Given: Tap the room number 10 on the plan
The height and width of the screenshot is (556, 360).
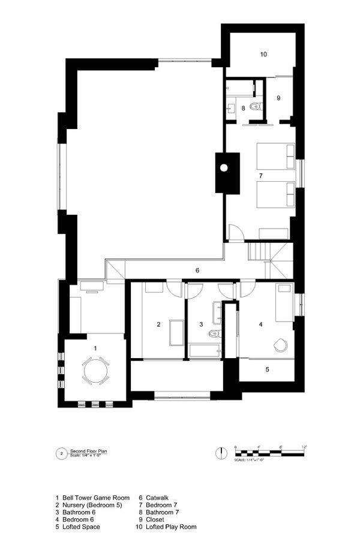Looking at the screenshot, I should (263, 55).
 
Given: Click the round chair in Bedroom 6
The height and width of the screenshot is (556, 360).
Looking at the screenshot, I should (280, 345).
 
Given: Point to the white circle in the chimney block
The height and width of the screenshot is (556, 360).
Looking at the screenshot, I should (224, 168).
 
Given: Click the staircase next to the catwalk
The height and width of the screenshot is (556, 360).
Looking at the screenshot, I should (262, 251).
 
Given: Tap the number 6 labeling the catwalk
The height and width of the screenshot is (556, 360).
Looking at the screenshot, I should (197, 271).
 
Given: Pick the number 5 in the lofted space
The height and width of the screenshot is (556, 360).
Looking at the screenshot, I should (267, 369).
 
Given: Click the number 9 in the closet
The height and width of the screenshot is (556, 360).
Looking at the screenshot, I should (278, 98).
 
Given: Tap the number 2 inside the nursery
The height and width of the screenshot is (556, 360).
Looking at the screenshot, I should (159, 324).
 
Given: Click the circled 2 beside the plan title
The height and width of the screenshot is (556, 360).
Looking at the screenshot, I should (61, 453).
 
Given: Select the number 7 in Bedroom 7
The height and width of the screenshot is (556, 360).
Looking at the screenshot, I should (260, 176).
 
